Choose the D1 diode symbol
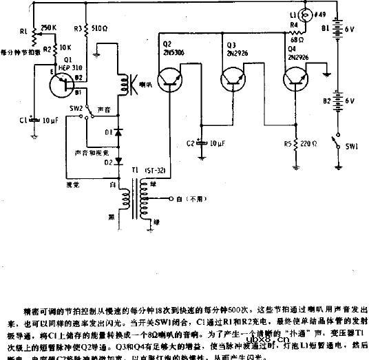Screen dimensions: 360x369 [x=118, y=130]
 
